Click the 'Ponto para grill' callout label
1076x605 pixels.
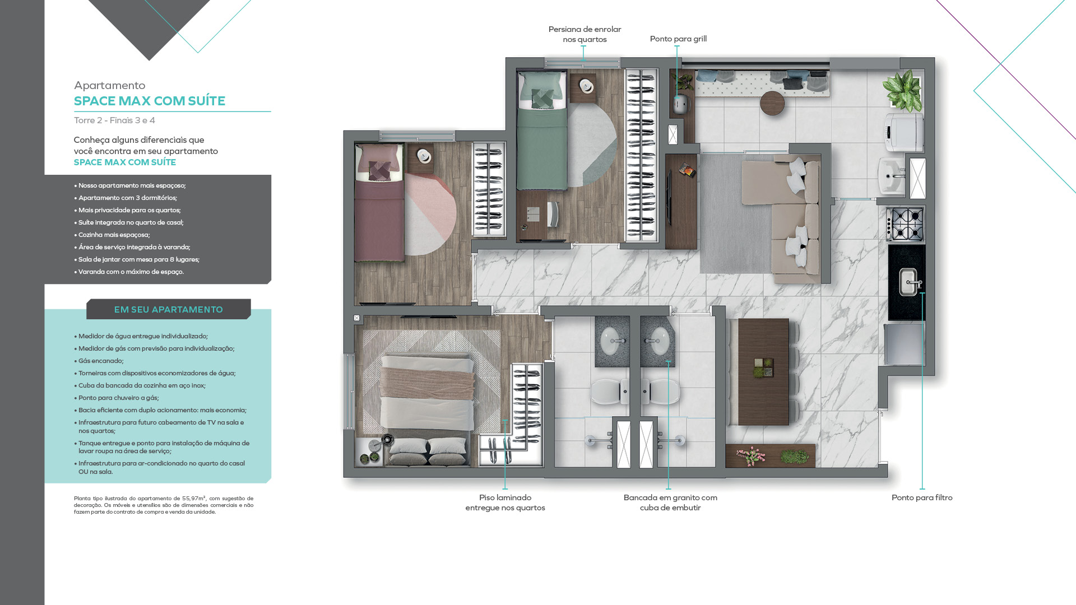tap(678, 39)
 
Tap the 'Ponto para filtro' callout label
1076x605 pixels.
tap(922, 497)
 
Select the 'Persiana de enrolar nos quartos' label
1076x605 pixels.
tap(585, 34)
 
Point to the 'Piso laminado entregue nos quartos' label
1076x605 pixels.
tap(505, 502)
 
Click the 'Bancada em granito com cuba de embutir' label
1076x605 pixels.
tap(670, 502)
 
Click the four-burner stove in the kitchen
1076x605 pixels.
tap(905, 224)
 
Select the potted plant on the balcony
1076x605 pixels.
tap(902, 90)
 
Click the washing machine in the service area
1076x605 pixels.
tap(904, 132)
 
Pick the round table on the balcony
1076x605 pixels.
tap(773, 103)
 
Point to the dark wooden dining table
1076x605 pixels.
tap(763, 371)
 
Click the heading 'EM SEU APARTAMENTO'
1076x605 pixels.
tap(168, 309)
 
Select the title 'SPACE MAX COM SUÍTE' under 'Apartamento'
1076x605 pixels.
tap(150, 101)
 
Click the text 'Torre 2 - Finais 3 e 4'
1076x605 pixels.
tap(114, 120)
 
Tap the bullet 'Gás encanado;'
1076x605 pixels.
tap(101, 361)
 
